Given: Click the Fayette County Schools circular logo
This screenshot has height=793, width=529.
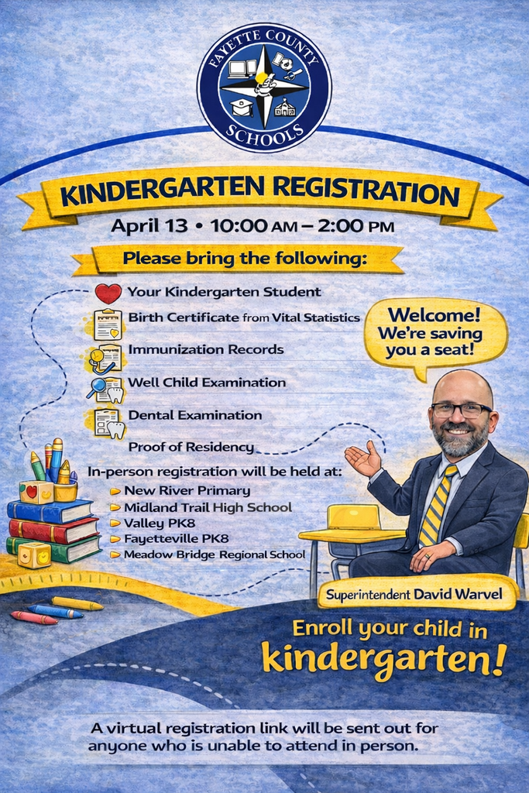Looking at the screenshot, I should (x=263, y=87).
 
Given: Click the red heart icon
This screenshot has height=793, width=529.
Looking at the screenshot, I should (x=108, y=294).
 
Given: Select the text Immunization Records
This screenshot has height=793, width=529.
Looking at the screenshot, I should (x=205, y=349).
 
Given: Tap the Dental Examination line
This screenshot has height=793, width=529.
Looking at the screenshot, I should (x=194, y=414).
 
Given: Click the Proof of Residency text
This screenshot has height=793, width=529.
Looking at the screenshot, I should (x=191, y=447).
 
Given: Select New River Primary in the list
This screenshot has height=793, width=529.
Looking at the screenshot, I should (x=186, y=490).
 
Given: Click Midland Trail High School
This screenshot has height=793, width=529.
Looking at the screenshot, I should (x=207, y=507).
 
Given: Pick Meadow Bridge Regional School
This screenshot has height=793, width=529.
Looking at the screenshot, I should (x=214, y=554).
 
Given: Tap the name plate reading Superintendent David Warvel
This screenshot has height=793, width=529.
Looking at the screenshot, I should (x=414, y=595).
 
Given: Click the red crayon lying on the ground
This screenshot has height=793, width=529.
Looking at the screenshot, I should (x=33, y=617).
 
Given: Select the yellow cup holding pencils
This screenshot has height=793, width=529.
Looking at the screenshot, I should (x=66, y=491).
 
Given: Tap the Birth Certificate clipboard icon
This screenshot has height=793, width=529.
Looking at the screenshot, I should (x=108, y=324).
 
